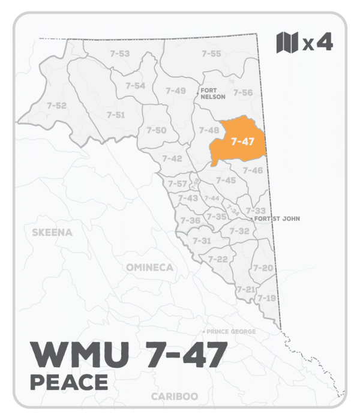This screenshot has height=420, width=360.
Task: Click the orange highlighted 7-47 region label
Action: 242,142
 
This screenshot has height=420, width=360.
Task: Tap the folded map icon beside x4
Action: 287,43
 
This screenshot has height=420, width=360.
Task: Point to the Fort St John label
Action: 277,219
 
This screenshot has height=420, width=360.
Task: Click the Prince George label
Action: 232,332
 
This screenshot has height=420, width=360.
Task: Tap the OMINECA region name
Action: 149,267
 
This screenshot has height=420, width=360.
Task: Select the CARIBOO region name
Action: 174,397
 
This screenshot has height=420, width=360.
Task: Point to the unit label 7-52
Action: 56,106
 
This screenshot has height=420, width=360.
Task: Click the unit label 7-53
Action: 119,54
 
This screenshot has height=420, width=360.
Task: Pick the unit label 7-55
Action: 211,54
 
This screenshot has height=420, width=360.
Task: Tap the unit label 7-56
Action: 242,92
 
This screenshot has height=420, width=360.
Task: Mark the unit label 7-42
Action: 172,158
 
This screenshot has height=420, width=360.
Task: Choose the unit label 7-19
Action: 266,298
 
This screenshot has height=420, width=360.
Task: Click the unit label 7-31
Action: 202,241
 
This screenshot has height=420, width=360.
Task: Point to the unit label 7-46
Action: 253,170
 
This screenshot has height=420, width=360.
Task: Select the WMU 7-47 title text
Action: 127,354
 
